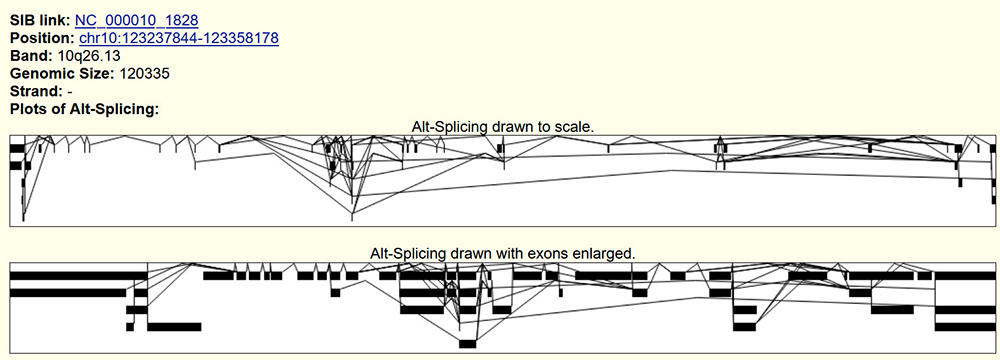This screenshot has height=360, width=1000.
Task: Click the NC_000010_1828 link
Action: click(136, 20)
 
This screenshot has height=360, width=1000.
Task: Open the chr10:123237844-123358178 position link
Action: click(179, 38)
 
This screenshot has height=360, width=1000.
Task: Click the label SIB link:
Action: click(41, 20)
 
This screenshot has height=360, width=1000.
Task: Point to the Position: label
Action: click(43, 38)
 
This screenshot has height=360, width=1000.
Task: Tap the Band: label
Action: click(31, 56)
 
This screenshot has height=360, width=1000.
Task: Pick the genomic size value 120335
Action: click(144, 73)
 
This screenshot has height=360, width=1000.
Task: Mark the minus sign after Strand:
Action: click(70, 92)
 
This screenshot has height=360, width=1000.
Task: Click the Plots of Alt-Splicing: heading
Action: click(84, 109)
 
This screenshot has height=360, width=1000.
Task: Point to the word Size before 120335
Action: click(96, 73)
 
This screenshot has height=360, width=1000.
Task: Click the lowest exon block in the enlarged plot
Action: click(467, 344)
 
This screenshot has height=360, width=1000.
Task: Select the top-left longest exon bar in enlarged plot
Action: click(78, 276)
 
